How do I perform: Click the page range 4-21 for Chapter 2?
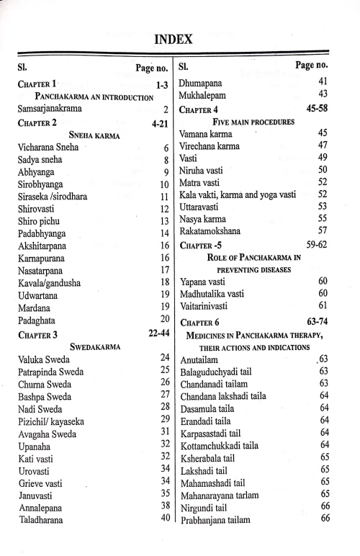(x=160, y=124)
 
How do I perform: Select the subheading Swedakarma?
(x=94, y=346)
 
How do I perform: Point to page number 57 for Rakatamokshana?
(x=323, y=230)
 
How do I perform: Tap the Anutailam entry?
(x=202, y=358)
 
